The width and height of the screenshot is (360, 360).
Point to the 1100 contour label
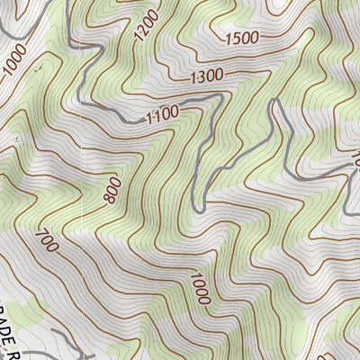161,113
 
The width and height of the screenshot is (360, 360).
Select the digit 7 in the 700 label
40,233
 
